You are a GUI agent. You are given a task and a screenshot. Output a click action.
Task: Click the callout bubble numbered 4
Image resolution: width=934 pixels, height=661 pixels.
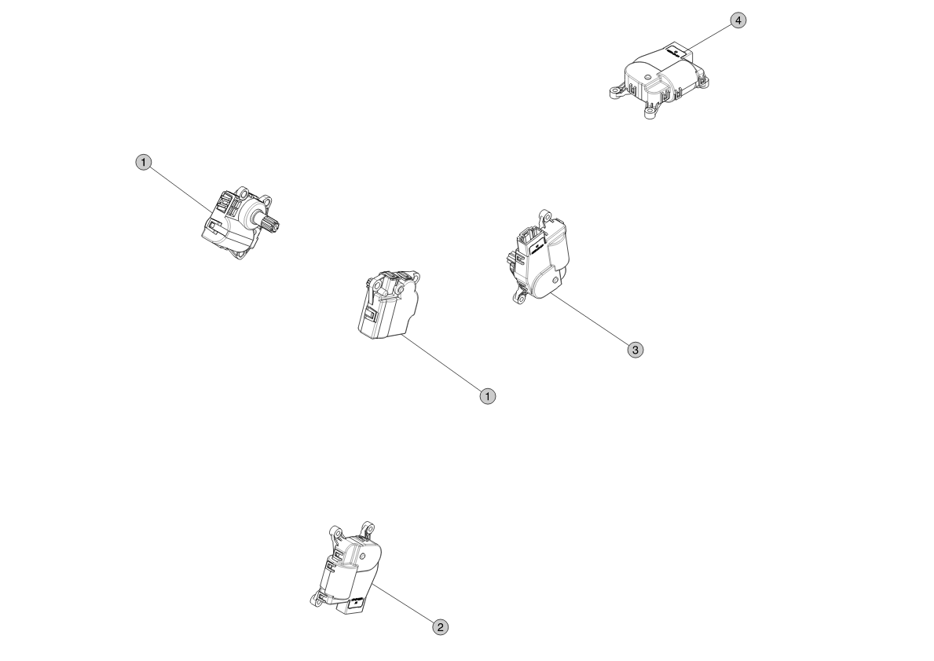click(x=738, y=20)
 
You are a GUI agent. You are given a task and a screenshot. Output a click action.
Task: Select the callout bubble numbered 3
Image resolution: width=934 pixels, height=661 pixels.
click(x=635, y=350)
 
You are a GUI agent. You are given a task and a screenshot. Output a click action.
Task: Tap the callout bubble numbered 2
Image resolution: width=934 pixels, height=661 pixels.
click(x=440, y=627)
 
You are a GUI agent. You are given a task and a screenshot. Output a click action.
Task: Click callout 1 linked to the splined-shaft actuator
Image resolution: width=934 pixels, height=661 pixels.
click(x=144, y=162)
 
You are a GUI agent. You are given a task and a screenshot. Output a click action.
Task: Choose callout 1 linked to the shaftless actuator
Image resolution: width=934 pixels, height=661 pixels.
click(x=488, y=396)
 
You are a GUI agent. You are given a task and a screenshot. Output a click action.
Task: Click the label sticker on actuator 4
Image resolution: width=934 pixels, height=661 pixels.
click(x=676, y=53)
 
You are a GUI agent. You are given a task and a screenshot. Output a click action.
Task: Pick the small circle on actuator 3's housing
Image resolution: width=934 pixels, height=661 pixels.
click(x=557, y=279)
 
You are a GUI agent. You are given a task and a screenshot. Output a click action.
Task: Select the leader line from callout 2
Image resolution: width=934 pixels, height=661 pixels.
click(x=403, y=604)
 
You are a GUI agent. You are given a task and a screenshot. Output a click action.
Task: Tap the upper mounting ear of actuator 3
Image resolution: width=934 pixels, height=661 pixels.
click(x=544, y=216)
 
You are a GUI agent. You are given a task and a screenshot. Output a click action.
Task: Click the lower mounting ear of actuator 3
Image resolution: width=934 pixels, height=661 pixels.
click(x=519, y=296)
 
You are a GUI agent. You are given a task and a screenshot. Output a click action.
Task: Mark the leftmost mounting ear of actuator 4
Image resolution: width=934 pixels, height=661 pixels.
click(x=616, y=91)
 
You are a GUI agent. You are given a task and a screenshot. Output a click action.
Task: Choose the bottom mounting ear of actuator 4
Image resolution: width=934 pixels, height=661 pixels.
click(x=650, y=112)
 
